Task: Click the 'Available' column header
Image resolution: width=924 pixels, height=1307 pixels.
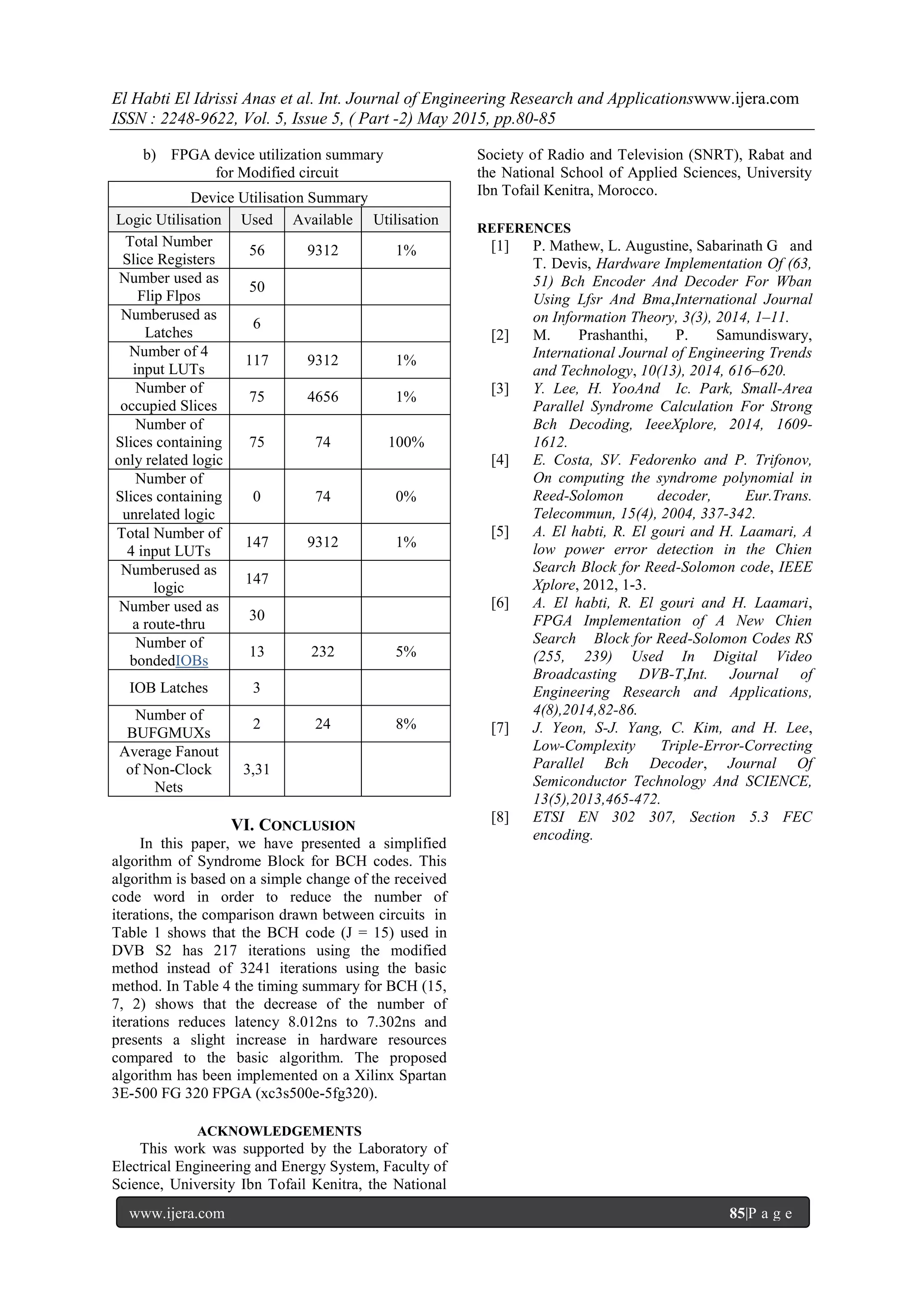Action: (x=322, y=220)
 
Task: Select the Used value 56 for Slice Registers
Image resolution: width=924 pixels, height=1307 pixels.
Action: (x=257, y=250)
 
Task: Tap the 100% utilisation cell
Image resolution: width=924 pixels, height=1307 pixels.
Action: (x=406, y=442)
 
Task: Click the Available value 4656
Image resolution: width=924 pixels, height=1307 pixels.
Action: (x=322, y=397)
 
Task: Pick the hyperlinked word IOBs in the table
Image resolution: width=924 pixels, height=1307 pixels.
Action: (x=192, y=661)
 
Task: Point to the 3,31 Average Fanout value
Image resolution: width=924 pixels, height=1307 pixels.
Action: (x=256, y=770)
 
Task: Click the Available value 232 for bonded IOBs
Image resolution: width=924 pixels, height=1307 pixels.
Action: (x=322, y=652)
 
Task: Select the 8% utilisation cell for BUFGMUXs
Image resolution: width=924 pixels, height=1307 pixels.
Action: (x=406, y=724)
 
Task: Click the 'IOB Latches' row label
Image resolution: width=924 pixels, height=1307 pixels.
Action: (x=169, y=688)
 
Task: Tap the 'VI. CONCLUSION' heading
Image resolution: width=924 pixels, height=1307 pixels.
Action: (x=293, y=826)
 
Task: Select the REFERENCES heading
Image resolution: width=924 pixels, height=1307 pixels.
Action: (x=524, y=228)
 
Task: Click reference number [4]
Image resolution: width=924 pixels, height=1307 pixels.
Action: (x=500, y=460)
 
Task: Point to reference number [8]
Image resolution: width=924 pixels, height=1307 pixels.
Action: (x=500, y=817)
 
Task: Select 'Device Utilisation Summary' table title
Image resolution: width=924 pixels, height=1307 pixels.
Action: (x=279, y=198)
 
